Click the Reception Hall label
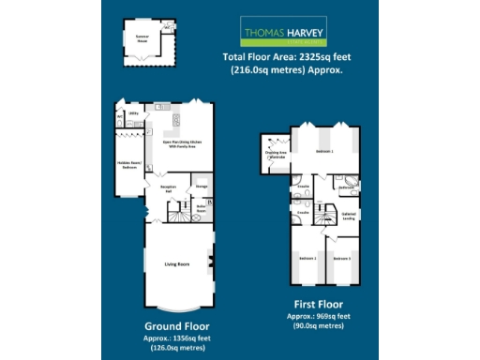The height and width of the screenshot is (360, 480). point(168,188)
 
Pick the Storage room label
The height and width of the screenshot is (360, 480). point(202,187)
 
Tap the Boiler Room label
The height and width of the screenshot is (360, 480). point(201,212)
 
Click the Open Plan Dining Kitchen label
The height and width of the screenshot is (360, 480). point(182,143)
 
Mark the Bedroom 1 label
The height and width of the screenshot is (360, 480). point(324,151)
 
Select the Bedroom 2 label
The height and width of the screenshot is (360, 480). point(307,257)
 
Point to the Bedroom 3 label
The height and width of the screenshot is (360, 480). point(342,257)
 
